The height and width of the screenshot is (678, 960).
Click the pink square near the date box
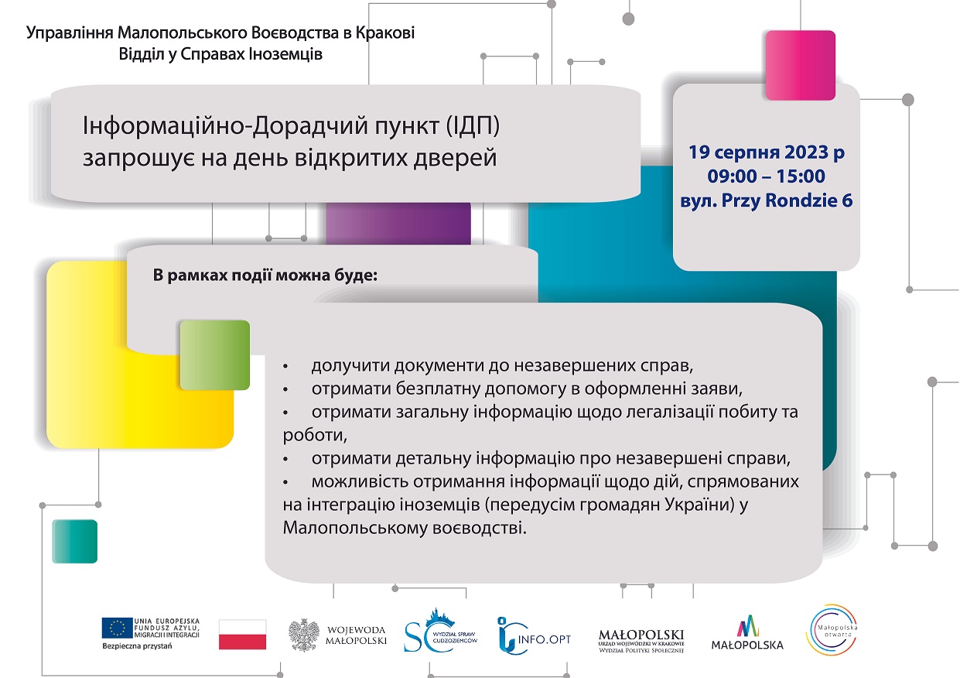point(800,65)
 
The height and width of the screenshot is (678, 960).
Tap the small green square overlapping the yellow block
point(215,355)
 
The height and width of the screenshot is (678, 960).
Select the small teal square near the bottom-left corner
point(74,541)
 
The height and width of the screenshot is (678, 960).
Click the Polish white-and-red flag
point(243,634)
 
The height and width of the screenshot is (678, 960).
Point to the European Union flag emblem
point(117,628)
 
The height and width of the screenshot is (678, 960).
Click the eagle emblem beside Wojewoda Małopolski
point(304,635)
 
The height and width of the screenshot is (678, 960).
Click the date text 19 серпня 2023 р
point(767,152)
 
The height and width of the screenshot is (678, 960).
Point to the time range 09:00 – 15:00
point(767,176)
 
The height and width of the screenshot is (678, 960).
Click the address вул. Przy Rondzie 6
point(767,200)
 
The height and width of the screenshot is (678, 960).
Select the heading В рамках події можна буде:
point(265,276)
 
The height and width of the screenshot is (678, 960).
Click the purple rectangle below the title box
point(398,224)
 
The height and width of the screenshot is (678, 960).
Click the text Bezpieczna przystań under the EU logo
point(137,645)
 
